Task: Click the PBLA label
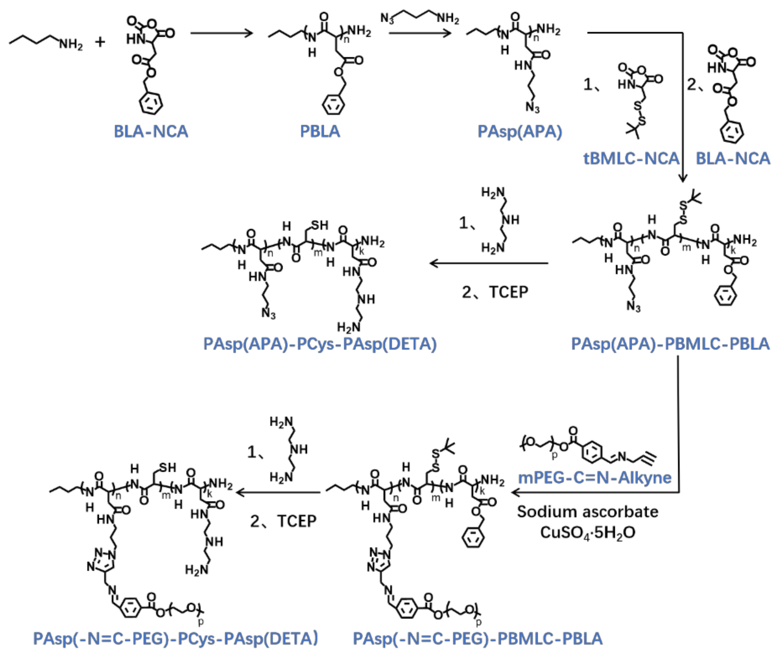pos(320,131)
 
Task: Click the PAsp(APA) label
pos(520,131)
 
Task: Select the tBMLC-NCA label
pos(631,158)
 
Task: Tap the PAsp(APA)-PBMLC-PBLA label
pos(670,344)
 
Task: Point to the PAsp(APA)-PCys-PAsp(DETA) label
pos(320,344)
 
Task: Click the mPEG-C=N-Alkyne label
pos(595,478)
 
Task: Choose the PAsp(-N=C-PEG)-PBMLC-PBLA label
pos(477,639)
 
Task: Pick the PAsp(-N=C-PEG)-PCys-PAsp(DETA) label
pos(175,639)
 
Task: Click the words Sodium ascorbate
pos(587,512)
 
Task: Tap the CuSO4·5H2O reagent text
pos(587,533)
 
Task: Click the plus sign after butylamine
pos(100,42)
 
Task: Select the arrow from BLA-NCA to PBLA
pos(221,34)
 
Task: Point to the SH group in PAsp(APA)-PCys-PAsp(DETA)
pos(320,225)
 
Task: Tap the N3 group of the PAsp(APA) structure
pos(532,108)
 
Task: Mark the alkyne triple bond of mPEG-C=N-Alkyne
pos(648,457)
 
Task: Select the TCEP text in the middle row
pos(508,292)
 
